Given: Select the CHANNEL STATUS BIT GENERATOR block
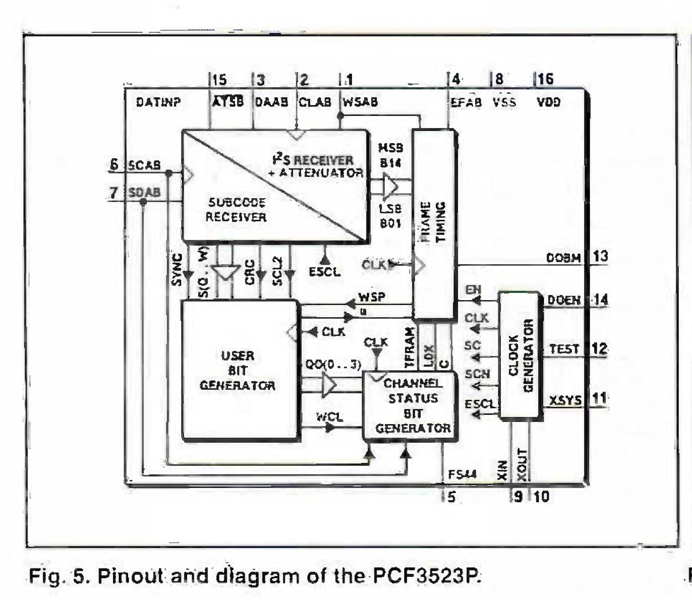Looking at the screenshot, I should tap(412, 405).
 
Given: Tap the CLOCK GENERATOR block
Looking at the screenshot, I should tap(520, 355).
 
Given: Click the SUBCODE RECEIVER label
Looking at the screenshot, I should tap(236, 210).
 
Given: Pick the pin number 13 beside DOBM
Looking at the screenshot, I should tap(601, 256).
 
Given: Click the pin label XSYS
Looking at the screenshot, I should tap(565, 401).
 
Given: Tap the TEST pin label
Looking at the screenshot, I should tap(564, 349).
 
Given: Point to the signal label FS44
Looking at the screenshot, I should tap(462, 475).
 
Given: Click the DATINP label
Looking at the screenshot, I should tap(158, 102).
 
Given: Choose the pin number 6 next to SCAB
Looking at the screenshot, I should tap(114, 164).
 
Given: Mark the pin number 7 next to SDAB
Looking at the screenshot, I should tap(114, 192).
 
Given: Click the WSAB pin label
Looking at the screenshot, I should tap(361, 102).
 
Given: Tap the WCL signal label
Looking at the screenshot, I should tap(329, 417).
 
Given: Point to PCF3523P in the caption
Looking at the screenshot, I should tap(425, 576).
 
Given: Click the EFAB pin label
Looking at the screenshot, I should tap(466, 102).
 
